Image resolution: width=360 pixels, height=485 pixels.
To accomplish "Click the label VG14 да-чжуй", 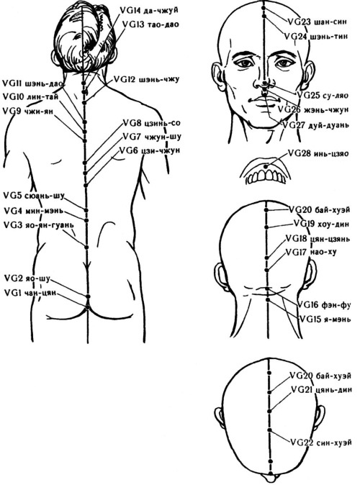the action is (149, 11).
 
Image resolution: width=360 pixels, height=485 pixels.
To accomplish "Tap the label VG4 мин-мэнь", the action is (34, 211).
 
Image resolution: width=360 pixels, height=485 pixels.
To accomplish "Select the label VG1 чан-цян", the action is (30, 292).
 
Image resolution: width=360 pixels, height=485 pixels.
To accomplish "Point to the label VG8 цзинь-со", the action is (152, 123).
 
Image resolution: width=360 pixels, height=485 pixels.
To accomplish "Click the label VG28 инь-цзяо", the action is (318, 153).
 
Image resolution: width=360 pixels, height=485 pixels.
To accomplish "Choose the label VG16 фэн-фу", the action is (325, 305).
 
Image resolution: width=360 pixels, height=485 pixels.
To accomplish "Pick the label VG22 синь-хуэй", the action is (321, 442).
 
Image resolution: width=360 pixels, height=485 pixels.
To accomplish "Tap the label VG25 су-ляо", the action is (323, 95).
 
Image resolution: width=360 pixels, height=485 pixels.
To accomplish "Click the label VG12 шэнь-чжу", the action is (147, 79).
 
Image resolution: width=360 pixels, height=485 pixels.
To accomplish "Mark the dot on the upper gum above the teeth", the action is (266, 167).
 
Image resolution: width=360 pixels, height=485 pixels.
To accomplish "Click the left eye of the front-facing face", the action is (246, 63).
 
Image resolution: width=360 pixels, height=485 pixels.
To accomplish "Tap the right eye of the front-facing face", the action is (283, 63).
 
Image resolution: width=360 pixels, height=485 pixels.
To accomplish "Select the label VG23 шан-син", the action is (318, 22).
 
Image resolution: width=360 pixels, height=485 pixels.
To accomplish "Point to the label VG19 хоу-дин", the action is (321, 223).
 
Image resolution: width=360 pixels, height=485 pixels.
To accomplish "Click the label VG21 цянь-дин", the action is (321, 389).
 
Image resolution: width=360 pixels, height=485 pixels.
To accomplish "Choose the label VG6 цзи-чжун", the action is (150, 150).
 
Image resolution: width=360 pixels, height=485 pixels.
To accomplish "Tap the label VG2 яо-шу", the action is (27, 278).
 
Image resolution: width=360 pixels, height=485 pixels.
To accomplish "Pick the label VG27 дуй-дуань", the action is (316, 125).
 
